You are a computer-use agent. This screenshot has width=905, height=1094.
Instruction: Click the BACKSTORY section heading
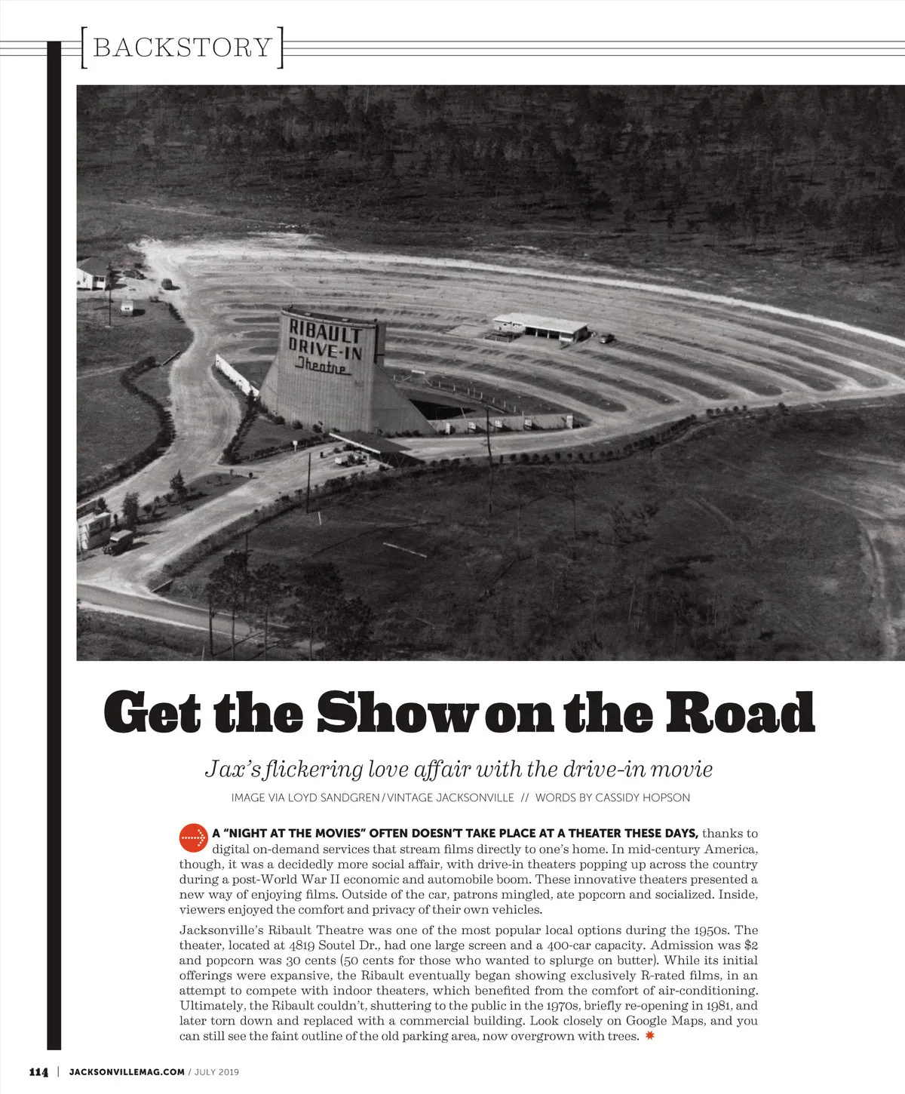pos(182,47)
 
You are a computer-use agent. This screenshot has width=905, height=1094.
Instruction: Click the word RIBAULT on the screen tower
pos(324,332)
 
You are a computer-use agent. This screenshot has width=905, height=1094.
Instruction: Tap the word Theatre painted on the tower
pos(323,366)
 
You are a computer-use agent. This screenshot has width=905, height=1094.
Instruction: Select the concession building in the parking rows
pos(540,327)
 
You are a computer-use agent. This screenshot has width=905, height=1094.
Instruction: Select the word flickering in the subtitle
pos(315,770)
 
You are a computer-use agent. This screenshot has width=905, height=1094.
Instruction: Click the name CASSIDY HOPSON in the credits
pos(643,797)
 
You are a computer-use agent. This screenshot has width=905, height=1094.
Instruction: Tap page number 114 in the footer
pos(38,1072)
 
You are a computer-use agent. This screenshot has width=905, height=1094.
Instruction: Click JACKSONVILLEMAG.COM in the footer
pos(126,1071)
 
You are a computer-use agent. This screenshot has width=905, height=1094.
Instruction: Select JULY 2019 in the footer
pos(216,1071)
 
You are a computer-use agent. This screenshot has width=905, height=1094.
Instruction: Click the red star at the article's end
pos(650,1036)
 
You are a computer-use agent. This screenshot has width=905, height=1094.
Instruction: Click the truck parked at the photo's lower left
pos(118,541)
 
